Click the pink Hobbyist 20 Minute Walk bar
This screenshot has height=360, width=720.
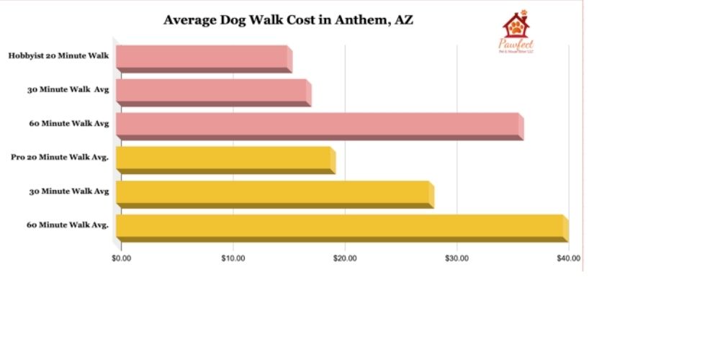202,58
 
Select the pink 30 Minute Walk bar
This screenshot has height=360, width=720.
212,91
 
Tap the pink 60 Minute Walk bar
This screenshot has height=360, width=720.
318,125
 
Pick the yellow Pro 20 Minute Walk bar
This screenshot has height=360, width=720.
224,159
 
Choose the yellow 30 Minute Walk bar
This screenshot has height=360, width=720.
273,194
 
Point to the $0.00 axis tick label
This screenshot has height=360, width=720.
122,258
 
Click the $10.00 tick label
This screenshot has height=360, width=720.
233,258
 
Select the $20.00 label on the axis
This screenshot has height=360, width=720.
345,258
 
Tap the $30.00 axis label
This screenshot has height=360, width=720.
457,258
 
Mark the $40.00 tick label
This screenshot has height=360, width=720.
568,258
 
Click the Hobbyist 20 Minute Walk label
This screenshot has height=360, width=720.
59,55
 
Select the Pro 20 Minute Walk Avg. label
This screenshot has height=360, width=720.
60,157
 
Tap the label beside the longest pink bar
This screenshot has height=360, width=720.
69,123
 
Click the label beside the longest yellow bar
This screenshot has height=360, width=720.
68,225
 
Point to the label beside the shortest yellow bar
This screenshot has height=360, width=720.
60,157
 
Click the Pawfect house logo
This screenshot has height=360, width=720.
516,28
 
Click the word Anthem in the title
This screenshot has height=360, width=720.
359,19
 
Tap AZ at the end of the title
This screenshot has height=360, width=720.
403,19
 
